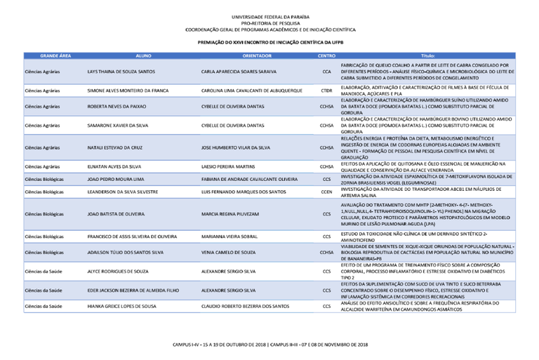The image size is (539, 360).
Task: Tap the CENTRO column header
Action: pos(326,54)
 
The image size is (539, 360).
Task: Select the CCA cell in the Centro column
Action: pos(326,72)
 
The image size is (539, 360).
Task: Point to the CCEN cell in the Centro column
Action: pos(326,192)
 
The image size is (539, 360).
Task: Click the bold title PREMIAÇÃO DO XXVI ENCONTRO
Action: pos(270,43)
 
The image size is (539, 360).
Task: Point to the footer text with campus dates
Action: pos(270,345)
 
